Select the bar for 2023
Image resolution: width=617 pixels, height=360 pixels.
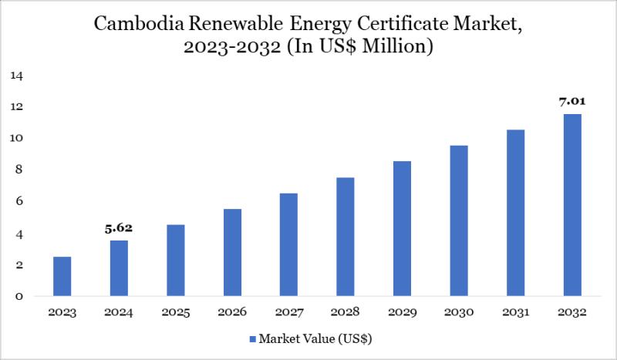62,276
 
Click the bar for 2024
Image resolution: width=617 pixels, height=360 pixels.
120,268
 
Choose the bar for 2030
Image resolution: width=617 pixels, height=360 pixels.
459,220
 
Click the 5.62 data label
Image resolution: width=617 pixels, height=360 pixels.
120,228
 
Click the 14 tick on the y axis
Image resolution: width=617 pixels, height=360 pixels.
17,76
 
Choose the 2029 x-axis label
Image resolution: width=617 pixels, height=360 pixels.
402,313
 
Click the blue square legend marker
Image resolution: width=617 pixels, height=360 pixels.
251,338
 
